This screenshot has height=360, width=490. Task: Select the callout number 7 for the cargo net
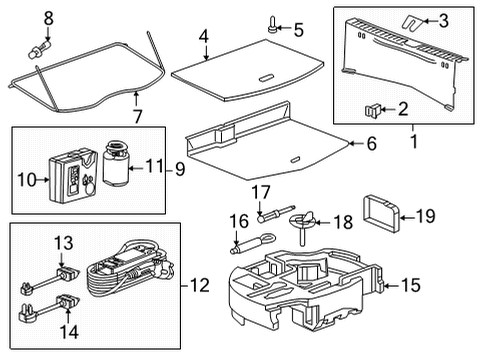[x=137, y=116]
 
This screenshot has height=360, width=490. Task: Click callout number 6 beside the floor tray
[x=371, y=145]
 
